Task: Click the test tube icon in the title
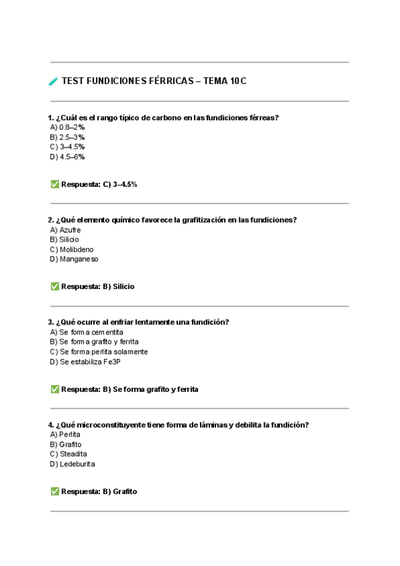click(x=53, y=81)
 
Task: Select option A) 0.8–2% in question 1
click(x=67, y=127)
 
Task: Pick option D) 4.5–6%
click(x=67, y=157)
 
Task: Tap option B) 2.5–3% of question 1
click(x=67, y=137)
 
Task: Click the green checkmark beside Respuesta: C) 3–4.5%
click(x=55, y=184)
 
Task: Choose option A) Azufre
click(x=65, y=230)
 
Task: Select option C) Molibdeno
click(x=71, y=250)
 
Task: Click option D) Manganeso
click(x=74, y=259)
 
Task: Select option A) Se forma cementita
click(x=87, y=332)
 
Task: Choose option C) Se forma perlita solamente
click(x=99, y=352)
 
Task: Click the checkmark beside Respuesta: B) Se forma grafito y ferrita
click(x=55, y=388)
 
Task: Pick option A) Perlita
click(x=65, y=434)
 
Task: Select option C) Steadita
click(x=68, y=454)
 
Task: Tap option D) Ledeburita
click(x=72, y=464)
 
